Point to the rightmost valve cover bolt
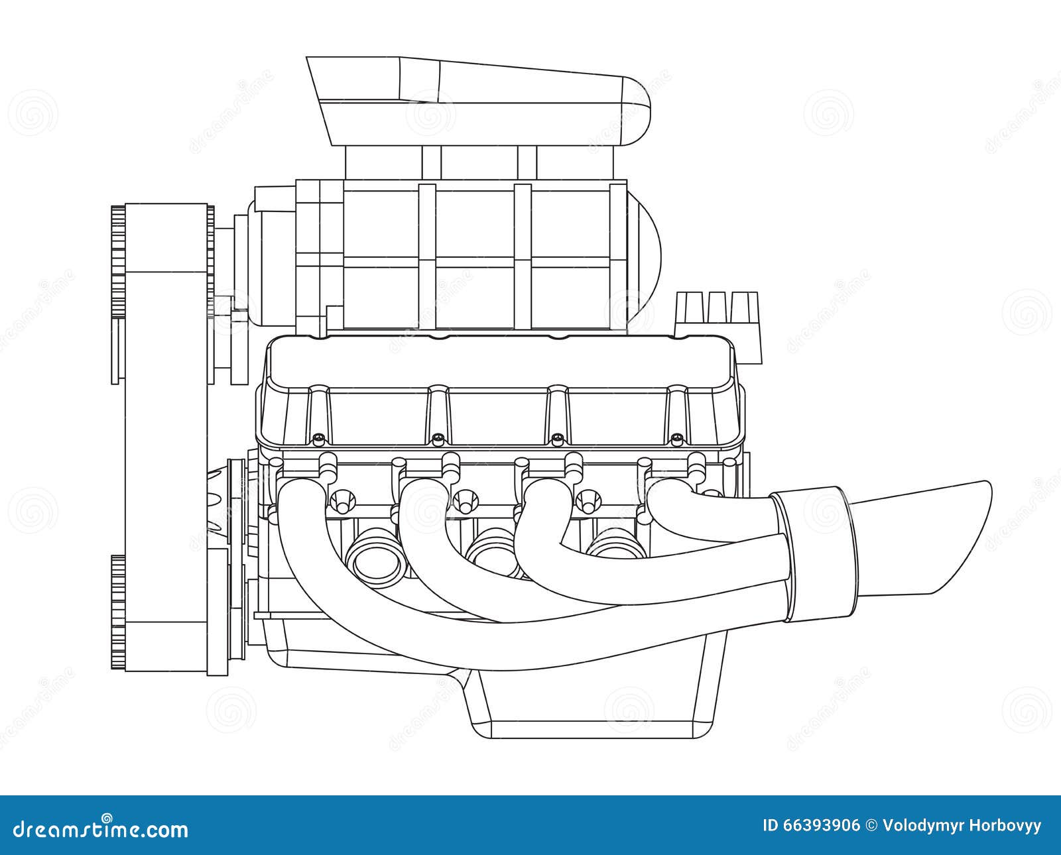click(676, 437)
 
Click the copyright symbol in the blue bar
click(871, 826)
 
